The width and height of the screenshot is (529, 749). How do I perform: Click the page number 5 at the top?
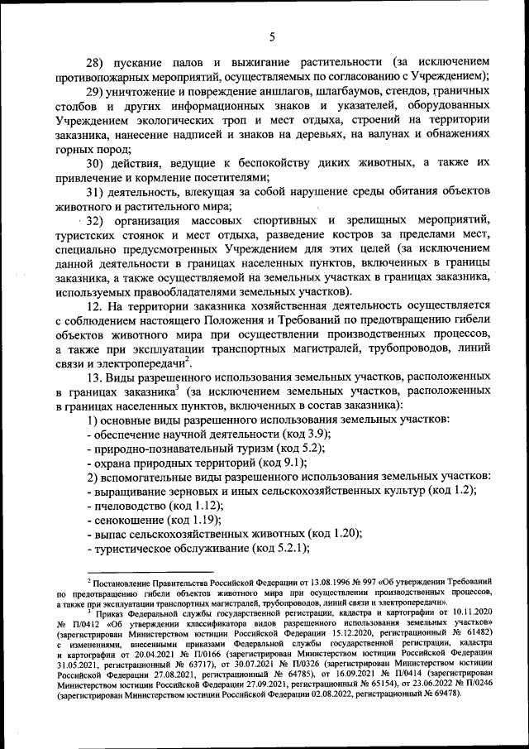pos(271,36)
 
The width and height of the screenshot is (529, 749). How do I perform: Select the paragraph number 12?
pos(96,307)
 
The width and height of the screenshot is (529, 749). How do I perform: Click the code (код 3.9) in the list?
pos(302,434)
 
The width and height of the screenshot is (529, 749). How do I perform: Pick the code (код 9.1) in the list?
pos(289,462)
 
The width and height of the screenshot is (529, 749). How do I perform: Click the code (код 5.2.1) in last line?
pos(280,548)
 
